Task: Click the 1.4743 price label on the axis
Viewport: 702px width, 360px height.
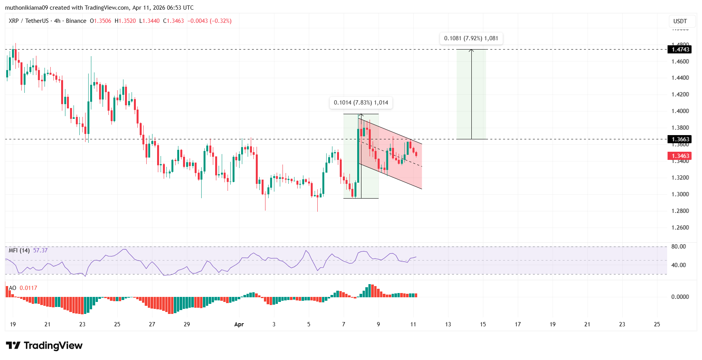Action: click(680, 49)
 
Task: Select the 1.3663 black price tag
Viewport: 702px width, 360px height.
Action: click(680, 139)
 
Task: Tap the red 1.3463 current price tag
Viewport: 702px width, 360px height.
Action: click(680, 156)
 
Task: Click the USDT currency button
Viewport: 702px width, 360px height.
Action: click(680, 21)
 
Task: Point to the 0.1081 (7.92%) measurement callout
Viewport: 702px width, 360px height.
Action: click(471, 38)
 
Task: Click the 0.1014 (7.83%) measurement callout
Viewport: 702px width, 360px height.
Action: click(361, 103)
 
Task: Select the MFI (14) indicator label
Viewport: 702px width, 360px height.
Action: click(19, 250)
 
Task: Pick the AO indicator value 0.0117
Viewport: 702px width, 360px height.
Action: click(28, 288)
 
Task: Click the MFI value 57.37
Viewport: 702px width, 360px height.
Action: click(40, 250)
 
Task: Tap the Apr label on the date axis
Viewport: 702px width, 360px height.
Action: click(239, 324)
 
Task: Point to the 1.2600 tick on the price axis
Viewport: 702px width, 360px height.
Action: click(680, 228)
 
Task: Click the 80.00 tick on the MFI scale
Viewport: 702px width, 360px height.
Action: click(678, 247)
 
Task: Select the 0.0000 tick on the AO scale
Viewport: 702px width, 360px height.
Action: click(680, 297)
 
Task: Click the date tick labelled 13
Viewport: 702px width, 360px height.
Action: click(448, 324)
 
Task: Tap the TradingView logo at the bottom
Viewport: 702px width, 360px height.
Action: click(44, 345)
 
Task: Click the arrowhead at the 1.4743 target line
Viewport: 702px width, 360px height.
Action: click(471, 50)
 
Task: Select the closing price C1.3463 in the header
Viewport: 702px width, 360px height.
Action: click(173, 21)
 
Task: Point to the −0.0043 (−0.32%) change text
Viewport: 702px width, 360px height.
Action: click(209, 21)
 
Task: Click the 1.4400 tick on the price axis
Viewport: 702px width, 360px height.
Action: click(680, 78)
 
